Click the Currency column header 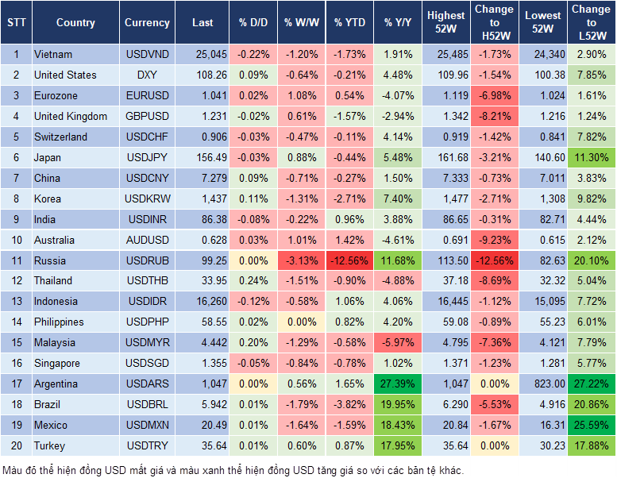pos(147,23)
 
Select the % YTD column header pos(349,23)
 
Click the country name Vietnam pos(53,55)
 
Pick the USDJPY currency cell pos(147,157)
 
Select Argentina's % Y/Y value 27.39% pos(398,384)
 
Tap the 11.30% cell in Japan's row pos(590,157)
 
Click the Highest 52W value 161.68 pos(447,157)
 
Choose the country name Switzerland pos(60,137)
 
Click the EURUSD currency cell pos(147,95)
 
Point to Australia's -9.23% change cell pos(494,240)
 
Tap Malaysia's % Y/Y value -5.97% pos(398,342)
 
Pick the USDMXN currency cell pos(147,425)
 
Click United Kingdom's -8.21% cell pos(494,116)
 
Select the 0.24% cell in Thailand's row pos(253,280)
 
